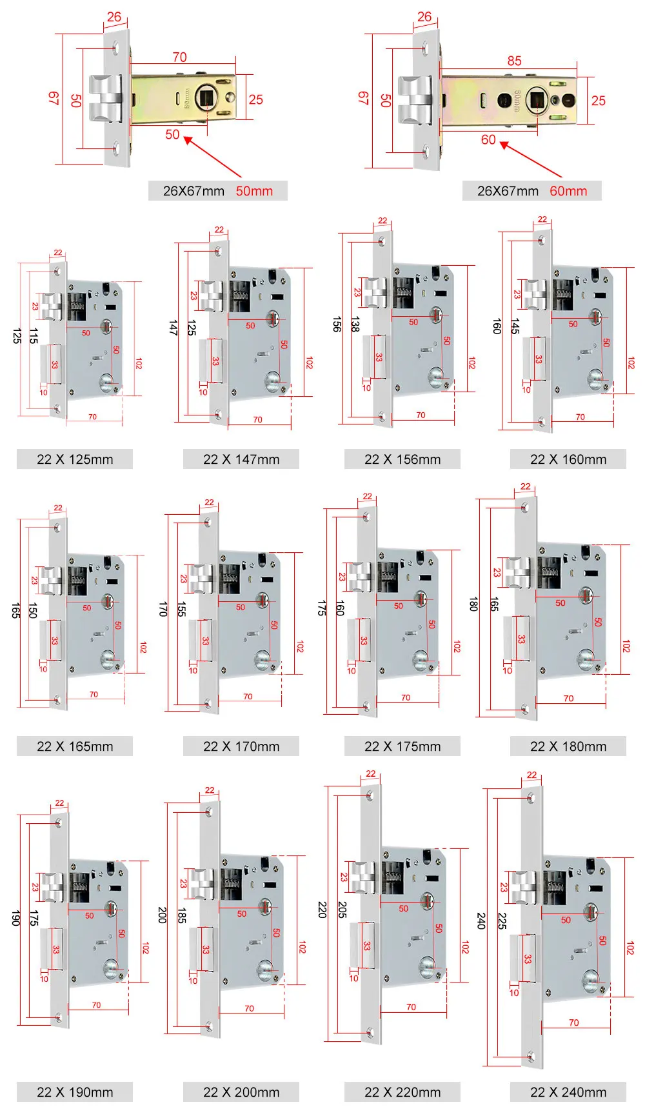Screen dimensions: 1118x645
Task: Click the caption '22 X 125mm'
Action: coord(75,459)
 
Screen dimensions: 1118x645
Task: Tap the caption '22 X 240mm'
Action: coord(568,1092)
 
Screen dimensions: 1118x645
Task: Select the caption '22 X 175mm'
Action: coord(402,746)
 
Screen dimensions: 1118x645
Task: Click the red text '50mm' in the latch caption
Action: coord(254,191)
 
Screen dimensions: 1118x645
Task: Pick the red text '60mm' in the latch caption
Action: coord(568,191)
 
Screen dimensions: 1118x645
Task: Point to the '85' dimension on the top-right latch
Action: coord(514,61)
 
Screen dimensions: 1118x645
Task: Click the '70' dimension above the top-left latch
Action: coord(180,57)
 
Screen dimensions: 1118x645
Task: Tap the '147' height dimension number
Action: coord(173,327)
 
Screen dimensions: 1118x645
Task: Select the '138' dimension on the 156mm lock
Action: coord(355,324)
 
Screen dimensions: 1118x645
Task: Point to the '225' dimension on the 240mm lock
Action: coord(502,921)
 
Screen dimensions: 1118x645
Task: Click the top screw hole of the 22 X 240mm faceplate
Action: coord(531,799)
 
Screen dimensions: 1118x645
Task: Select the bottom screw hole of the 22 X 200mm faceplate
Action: coord(209,1025)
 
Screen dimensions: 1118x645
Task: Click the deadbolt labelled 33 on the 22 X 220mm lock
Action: coord(363,945)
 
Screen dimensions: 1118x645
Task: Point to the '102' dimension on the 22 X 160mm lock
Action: coord(631,363)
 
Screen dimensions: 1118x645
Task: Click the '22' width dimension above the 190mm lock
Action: coord(59,803)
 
